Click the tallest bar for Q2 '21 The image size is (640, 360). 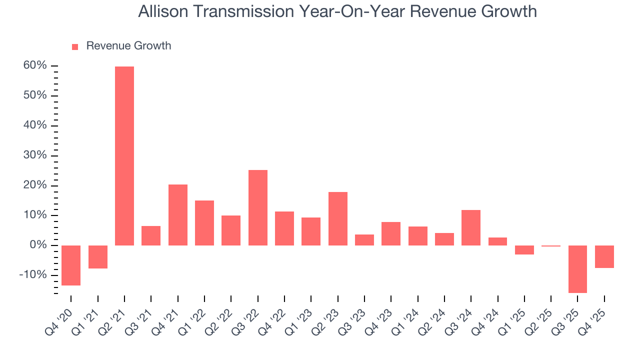pyautogui.click(x=124, y=155)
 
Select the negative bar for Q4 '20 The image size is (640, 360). pyautogui.click(x=71, y=265)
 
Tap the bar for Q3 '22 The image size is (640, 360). pyautogui.click(x=258, y=207)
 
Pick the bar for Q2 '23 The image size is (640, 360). pyautogui.click(x=338, y=218)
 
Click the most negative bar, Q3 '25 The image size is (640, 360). pyautogui.click(x=577, y=269)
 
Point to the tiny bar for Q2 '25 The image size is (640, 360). pyautogui.click(x=551, y=246)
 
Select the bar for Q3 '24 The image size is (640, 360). pyautogui.click(x=471, y=227)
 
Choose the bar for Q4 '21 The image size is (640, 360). pyautogui.click(x=178, y=215)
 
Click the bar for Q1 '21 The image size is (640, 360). pyautogui.click(x=98, y=257)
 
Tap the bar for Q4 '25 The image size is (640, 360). pyautogui.click(x=604, y=256)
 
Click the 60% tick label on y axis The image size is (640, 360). pyautogui.click(x=34, y=65)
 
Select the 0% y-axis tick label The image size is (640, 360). pyautogui.click(x=38, y=245)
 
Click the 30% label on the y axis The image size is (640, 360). pyautogui.click(x=34, y=155)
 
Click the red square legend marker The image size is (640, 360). pyautogui.click(x=75, y=47)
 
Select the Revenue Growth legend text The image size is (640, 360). pyautogui.click(x=128, y=46)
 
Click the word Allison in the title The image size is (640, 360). pyautogui.click(x=162, y=11)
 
